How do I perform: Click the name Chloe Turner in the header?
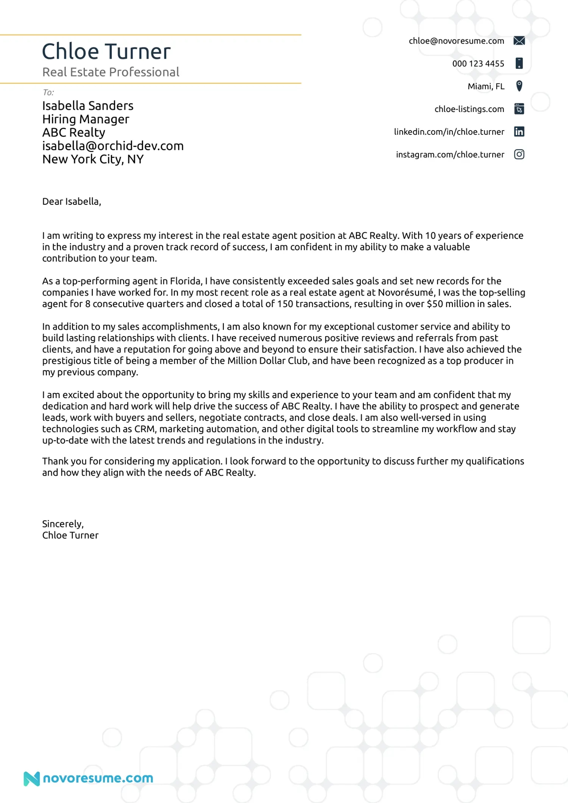(x=106, y=52)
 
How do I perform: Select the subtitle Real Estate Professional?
(x=111, y=72)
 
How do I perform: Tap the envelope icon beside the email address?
(x=519, y=41)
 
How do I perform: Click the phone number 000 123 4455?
(x=478, y=64)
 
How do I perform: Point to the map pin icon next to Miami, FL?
(x=519, y=86)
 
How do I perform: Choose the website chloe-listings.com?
(x=469, y=109)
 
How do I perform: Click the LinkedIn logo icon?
(x=519, y=132)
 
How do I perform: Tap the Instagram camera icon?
(x=519, y=154)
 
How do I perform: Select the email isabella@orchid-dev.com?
(x=113, y=146)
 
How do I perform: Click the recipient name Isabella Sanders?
(x=88, y=106)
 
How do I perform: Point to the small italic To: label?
(x=48, y=92)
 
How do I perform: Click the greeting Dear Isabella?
(x=72, y=202)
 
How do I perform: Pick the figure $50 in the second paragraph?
(x=435, y=304)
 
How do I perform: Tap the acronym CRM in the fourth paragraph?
(x=145, y=429)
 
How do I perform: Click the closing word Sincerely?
(x=63, y=524)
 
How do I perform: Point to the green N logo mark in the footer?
(x=31, y=778)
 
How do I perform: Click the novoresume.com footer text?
(x=98, y=778)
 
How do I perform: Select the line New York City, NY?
(x=93, y=159)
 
